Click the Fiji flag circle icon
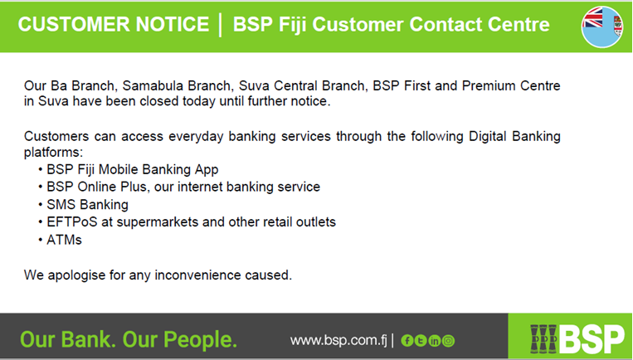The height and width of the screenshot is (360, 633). click(x=602, y=27)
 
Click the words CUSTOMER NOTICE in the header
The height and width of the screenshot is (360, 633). click(x=114, y=24)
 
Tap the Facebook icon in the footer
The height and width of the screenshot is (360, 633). click(x=407, y=341)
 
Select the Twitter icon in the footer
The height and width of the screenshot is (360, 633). click(x=421, y=341)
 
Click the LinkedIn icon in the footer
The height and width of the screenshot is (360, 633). click(x=435, y=341)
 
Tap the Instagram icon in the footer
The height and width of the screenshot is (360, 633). click(x=448, y=341)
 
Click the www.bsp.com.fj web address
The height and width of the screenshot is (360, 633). click(x=338, y=340)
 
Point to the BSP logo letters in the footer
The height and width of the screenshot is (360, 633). click(x=591, y=340)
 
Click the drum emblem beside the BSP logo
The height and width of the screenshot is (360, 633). click(x=543, y=339)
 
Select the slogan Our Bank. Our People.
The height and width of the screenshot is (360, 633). click(x=129, y=339)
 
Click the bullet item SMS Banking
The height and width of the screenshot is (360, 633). click(x=88, y=205)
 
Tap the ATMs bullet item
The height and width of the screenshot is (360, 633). click(x=64, y=240)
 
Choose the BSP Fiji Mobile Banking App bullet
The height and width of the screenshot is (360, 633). click(x=133, y=169)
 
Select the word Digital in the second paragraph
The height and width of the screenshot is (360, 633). click(x=487, y=136)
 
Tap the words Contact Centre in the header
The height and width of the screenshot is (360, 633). click(x=480, y=24)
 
